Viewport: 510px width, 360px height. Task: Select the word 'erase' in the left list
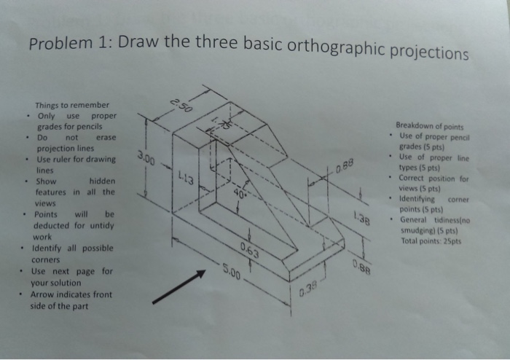tap(106, 137)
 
